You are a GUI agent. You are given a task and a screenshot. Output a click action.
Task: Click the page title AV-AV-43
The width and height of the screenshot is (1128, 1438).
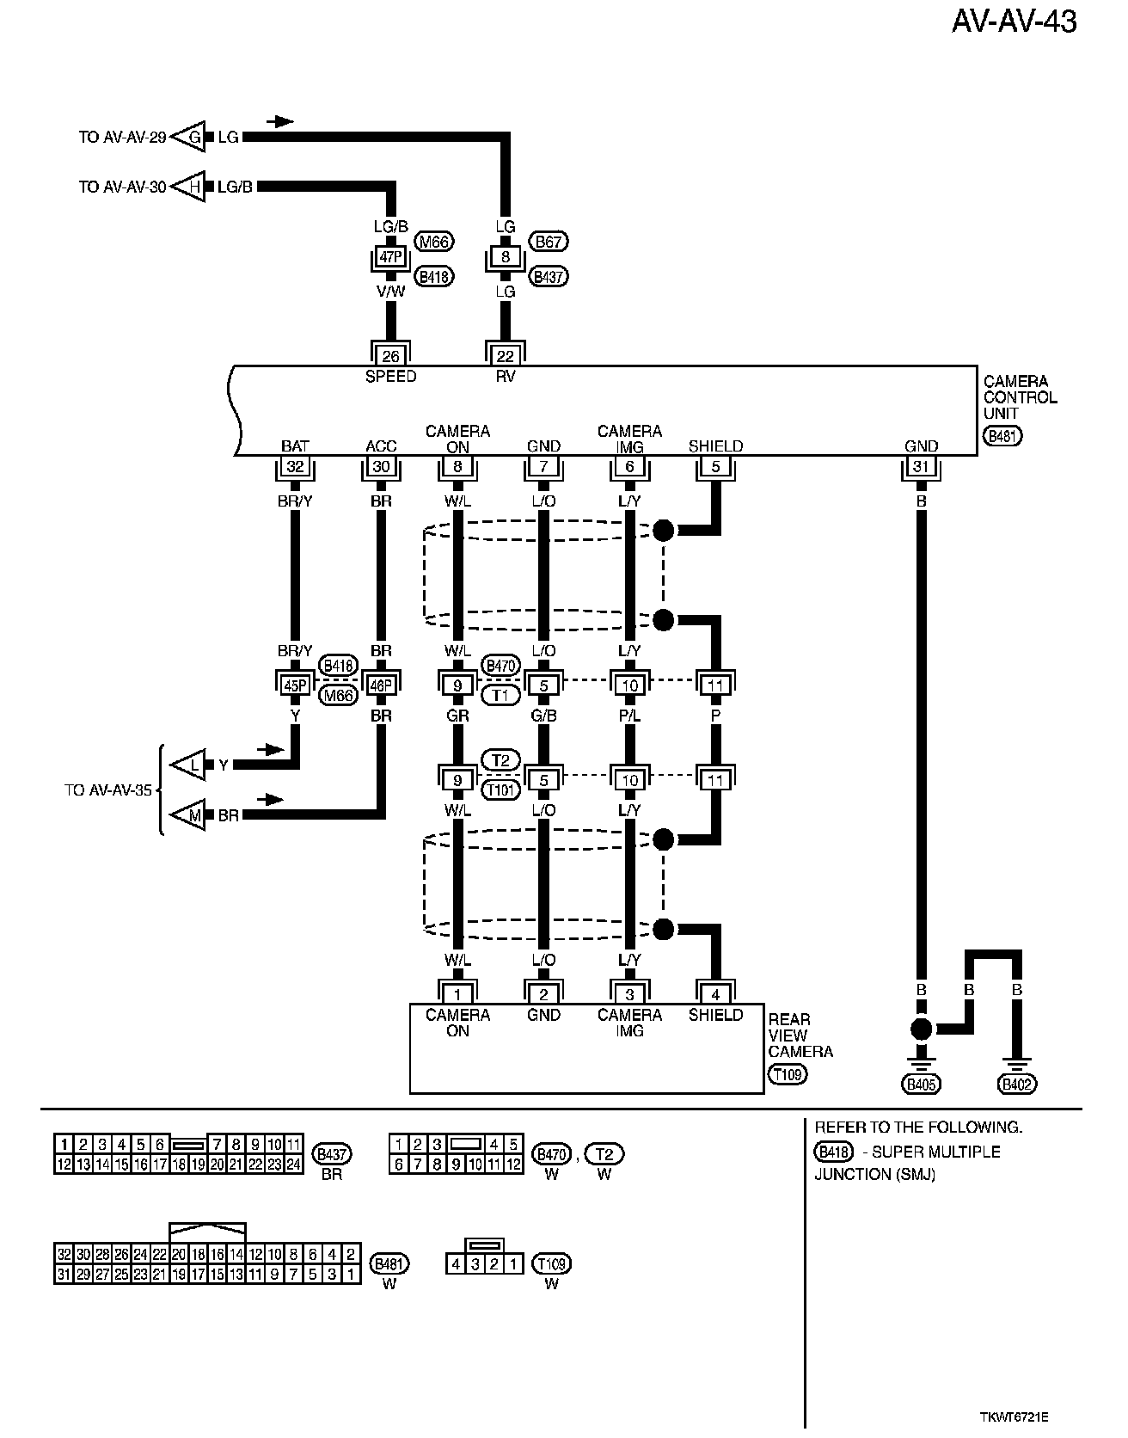1014,22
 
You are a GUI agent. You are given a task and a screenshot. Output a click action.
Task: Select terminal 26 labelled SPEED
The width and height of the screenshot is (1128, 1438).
390,355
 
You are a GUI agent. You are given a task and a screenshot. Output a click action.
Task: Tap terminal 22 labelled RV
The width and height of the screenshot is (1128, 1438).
506,355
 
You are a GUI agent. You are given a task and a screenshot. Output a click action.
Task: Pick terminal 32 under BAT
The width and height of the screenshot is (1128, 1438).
295,467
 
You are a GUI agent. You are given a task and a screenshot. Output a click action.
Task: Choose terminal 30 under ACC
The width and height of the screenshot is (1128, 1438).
381,467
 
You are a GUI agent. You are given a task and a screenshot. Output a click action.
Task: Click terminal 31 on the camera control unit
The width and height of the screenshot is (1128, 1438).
921,467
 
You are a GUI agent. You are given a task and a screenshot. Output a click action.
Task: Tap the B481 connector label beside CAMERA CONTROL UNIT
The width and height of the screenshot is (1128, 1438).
1003,436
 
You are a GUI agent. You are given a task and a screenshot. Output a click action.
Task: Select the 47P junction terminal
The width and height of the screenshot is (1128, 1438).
390,257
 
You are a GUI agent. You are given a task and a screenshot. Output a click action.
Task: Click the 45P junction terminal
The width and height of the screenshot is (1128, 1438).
295,685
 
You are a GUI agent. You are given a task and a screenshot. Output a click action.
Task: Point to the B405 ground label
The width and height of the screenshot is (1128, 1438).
921,1085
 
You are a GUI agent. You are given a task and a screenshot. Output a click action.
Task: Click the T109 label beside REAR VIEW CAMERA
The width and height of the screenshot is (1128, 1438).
788,1074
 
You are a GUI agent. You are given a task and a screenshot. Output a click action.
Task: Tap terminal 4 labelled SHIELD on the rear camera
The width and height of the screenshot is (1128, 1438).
715,994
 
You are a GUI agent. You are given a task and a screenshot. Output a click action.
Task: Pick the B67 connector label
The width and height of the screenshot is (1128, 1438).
549,242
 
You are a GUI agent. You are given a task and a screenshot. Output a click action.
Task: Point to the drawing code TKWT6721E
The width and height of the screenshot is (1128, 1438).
1014,1416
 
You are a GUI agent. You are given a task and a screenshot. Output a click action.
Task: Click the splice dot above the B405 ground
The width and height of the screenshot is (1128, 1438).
921,1029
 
